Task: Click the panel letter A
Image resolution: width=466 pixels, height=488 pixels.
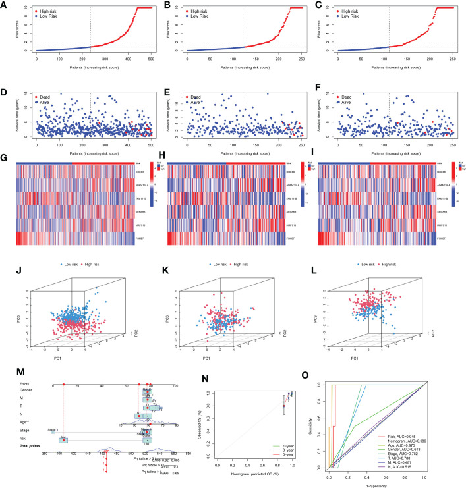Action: tap(6, 5)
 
